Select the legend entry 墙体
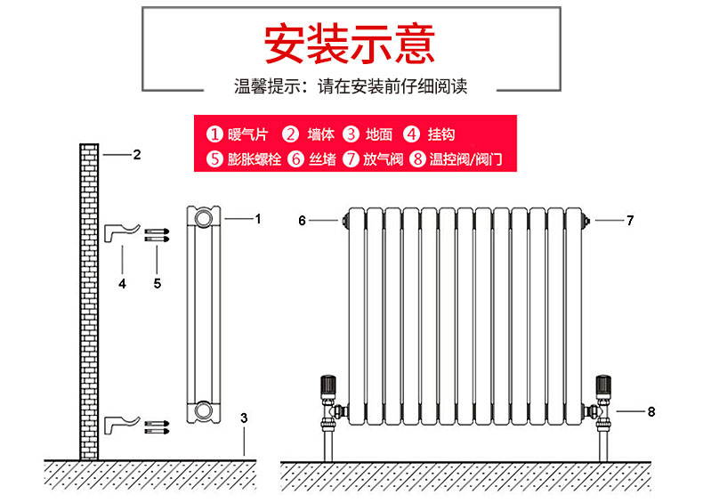(310, 134)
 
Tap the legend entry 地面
(369, 134)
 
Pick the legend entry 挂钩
(431, 134)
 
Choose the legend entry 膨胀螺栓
(243, 160)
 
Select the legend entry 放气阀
(375, 160)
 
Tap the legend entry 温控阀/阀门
(457, 160)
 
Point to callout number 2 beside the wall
(136, 155)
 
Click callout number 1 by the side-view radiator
(258, 218)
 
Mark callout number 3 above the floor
(244, 417)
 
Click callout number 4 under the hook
(123, 283)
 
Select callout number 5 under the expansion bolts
(158, 283)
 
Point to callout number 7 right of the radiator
(630, 220)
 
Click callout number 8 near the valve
(650, 411)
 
